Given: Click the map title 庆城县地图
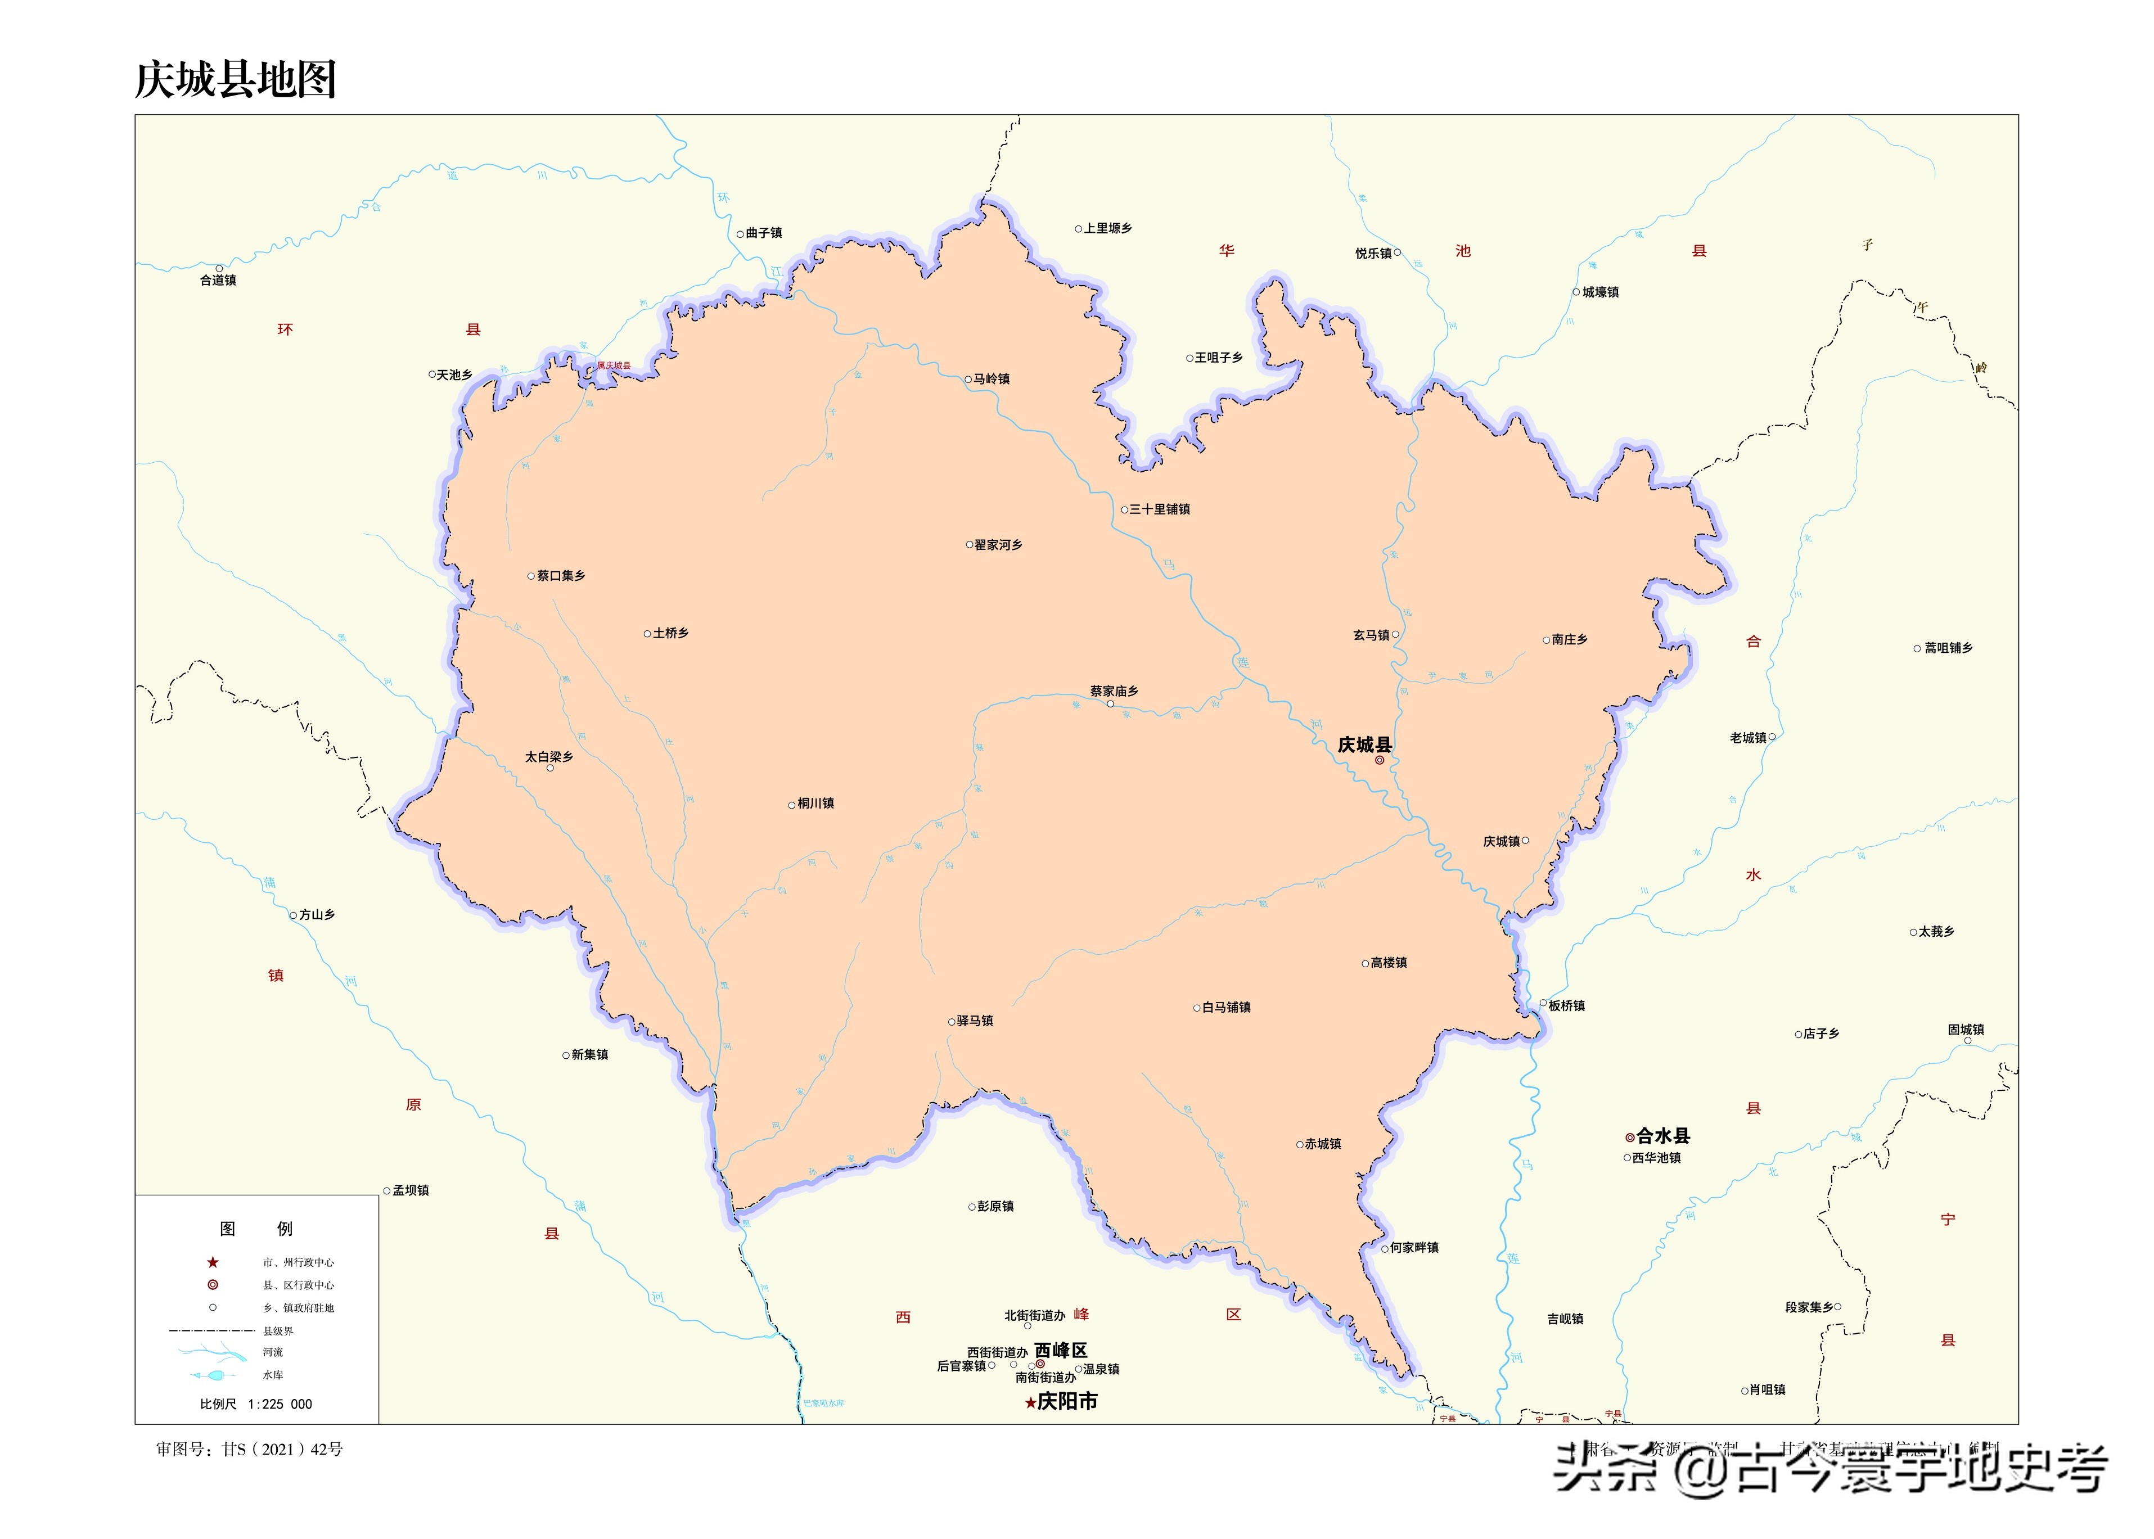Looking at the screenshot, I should [235, 80].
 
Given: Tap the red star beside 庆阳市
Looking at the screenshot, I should [1030, 1402].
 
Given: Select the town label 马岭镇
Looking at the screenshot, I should [992, 379].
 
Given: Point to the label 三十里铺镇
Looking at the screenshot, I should [1159, 510].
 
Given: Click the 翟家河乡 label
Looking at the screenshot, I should [998, 545].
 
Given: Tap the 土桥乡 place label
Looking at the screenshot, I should [670, 633].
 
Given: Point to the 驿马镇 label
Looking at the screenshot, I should [974, 1021].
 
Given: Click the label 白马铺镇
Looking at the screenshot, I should [1225, 1008].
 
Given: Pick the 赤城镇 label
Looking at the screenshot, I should [1322, 1144].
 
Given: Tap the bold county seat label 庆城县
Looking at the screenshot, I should [1364, 745].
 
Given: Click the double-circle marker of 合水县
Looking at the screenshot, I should [1629, 1136].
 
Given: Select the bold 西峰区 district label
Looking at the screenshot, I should [1061, 1351].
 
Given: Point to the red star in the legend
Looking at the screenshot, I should [213, 1262].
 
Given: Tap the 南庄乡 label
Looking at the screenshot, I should [1569, 640].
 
